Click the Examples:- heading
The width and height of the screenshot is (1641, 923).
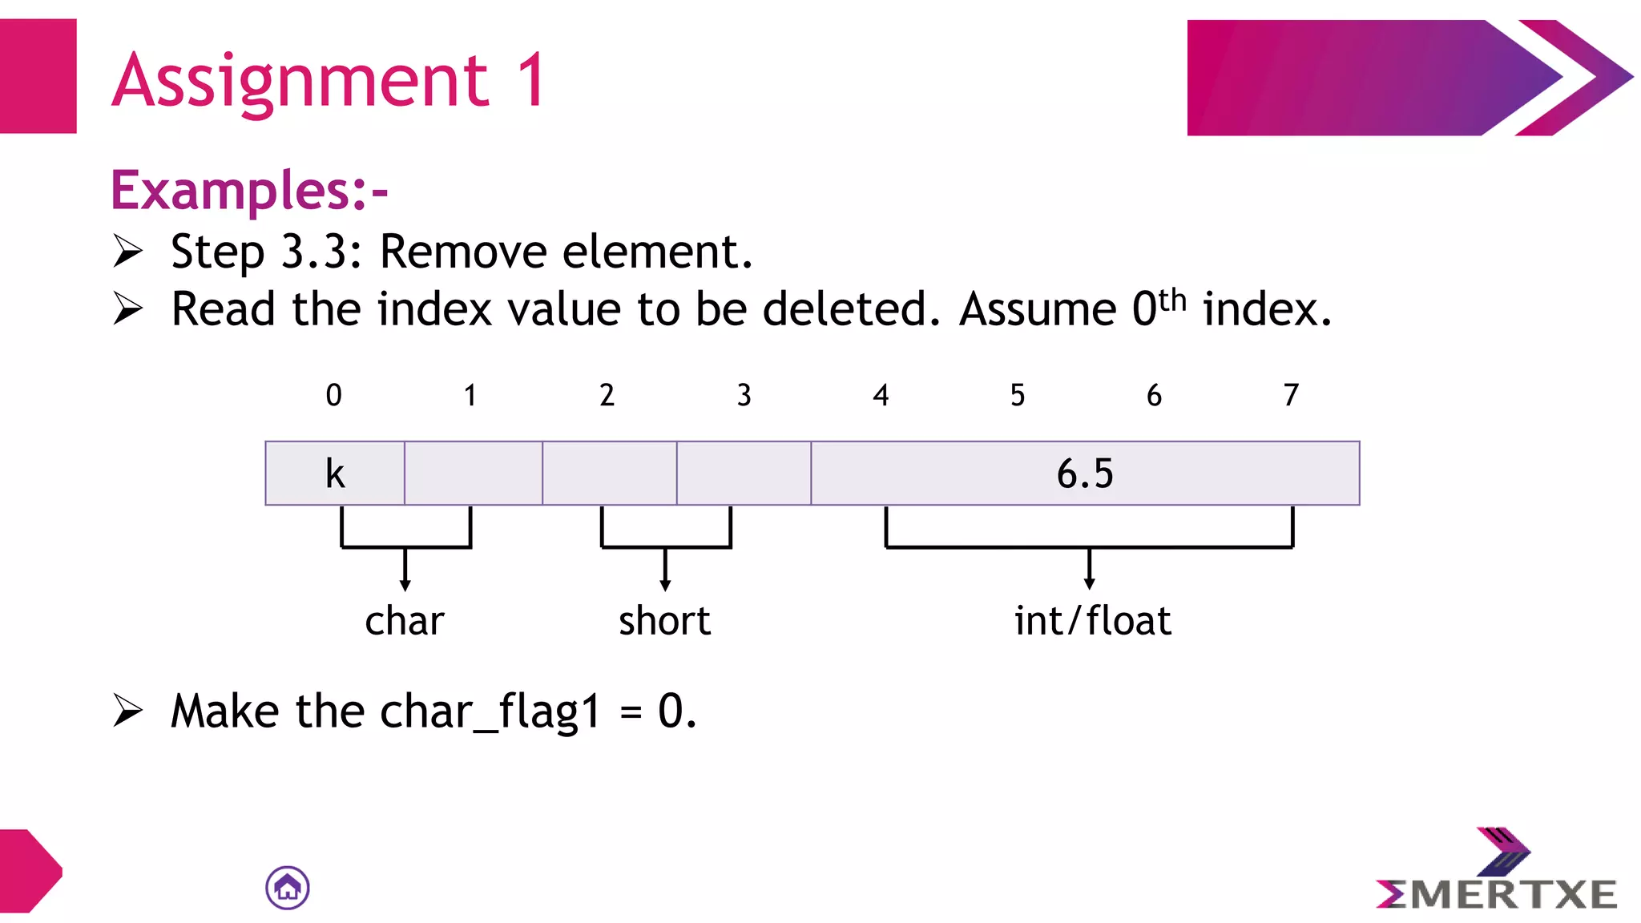pyautogui.click(x=249, y=191)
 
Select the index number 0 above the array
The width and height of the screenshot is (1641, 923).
pyautogui.click(x=334, y=395)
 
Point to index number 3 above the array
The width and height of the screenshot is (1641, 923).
pyautogui.click(x=744, y=395)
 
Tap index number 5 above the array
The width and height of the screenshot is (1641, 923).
pyautogui.click(x=1018, y=395)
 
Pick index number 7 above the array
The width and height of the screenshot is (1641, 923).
pyautogui.click(x=1291, y=395)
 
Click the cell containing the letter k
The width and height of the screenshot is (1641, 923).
pyautogui.click(x=335, y=474)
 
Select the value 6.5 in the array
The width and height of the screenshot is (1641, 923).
pyautogui.click(x=1085, y=474)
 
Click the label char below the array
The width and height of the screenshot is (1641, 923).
pyautogui.click(x=405, y=621)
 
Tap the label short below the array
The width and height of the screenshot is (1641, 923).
pyautogui.click(x=664, y=621)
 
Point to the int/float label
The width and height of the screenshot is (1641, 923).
pyautogui.click(x=1092, y=621)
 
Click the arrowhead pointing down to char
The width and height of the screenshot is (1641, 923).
pyautogui.click(x=405, y=585)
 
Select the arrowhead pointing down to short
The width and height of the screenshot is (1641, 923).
pyautogui.click(x=665, y=585)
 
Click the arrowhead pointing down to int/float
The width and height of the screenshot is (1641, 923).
pyautogui.click(x=1089, y=583)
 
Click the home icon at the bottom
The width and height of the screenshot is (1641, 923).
pyautogui.click(x=288, y=888)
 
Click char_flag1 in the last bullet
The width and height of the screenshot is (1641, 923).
pyautogui.click(x=490, y=711)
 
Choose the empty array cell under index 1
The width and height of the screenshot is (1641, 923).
pyautogui.click(x=474, y=474)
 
